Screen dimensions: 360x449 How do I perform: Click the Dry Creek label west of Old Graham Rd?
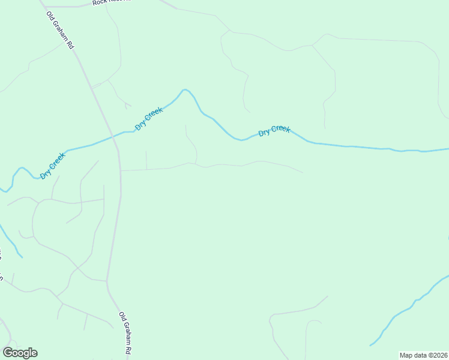pos(53,166)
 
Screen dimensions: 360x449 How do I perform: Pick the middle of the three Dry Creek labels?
pos(149,118)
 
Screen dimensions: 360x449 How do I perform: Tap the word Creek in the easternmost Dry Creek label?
pos(280,129)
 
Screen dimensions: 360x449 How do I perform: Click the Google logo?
pos(20,353)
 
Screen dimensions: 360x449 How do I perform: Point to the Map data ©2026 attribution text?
pos(424,355)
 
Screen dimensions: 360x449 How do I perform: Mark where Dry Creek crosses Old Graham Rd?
pos(113,137)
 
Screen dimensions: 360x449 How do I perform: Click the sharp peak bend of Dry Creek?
pos(185,89)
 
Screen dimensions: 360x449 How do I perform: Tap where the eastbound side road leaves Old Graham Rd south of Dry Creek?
pos(121,170)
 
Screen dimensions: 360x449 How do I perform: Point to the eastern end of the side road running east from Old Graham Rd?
pos(302,172)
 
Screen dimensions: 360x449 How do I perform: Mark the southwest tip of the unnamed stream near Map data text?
pos(370,346)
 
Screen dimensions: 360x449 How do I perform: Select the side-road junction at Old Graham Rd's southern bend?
pos(107,281)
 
